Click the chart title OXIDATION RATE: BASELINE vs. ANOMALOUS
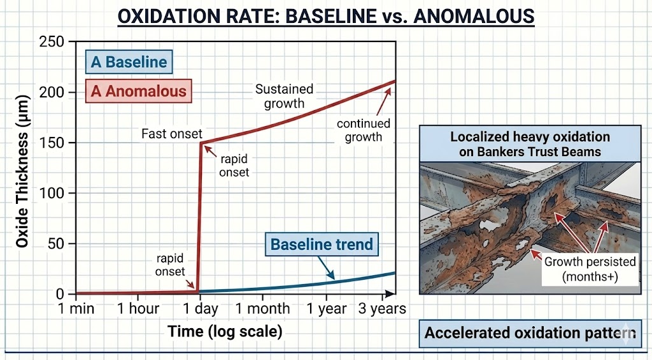(326, 15)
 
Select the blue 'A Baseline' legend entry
(129, 62)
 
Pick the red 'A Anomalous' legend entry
(139, 91)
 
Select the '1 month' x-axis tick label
(262, 309)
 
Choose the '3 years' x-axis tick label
(381, 309)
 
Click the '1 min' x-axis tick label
(76, 309)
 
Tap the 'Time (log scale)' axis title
(225, 331)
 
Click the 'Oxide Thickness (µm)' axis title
(22, 168)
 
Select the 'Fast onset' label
(172, 134)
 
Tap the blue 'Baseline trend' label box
(322, 244)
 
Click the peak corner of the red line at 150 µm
(202, 143)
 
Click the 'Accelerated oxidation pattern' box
(530, 333)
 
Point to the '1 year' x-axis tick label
(326, 309)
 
